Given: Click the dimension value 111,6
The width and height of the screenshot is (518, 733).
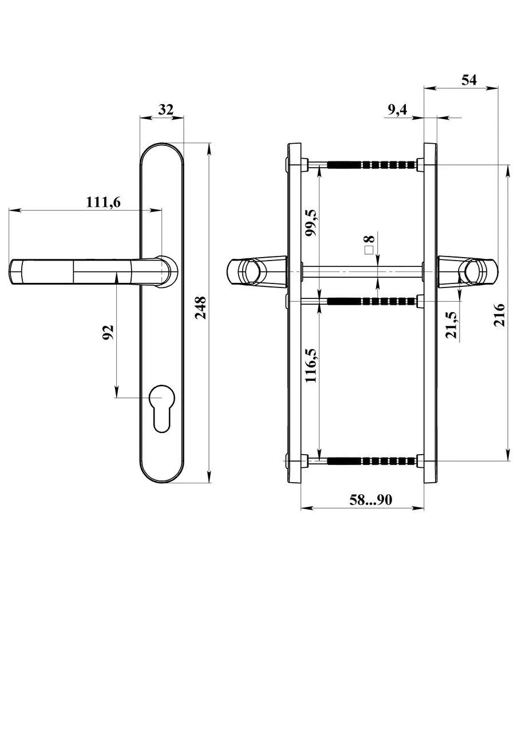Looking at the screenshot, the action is tap(104, 202).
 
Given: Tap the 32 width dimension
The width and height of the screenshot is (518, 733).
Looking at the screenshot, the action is tap(166, 109).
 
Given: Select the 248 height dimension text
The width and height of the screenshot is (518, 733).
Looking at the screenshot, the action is tap(200, 308).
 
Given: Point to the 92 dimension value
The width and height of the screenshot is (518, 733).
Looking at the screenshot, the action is tap(108, 332).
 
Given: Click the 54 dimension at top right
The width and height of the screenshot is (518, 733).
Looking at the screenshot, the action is tap(469, 80).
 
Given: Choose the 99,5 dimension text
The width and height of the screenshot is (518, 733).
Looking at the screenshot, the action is tap(310, 223).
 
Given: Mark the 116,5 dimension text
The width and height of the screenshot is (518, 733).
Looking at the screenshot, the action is tap(310, 365).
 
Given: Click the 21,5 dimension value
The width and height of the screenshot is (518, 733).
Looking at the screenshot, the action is tap(451, 325).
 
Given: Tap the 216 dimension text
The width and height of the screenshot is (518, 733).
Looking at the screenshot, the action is tap(499, 315).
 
